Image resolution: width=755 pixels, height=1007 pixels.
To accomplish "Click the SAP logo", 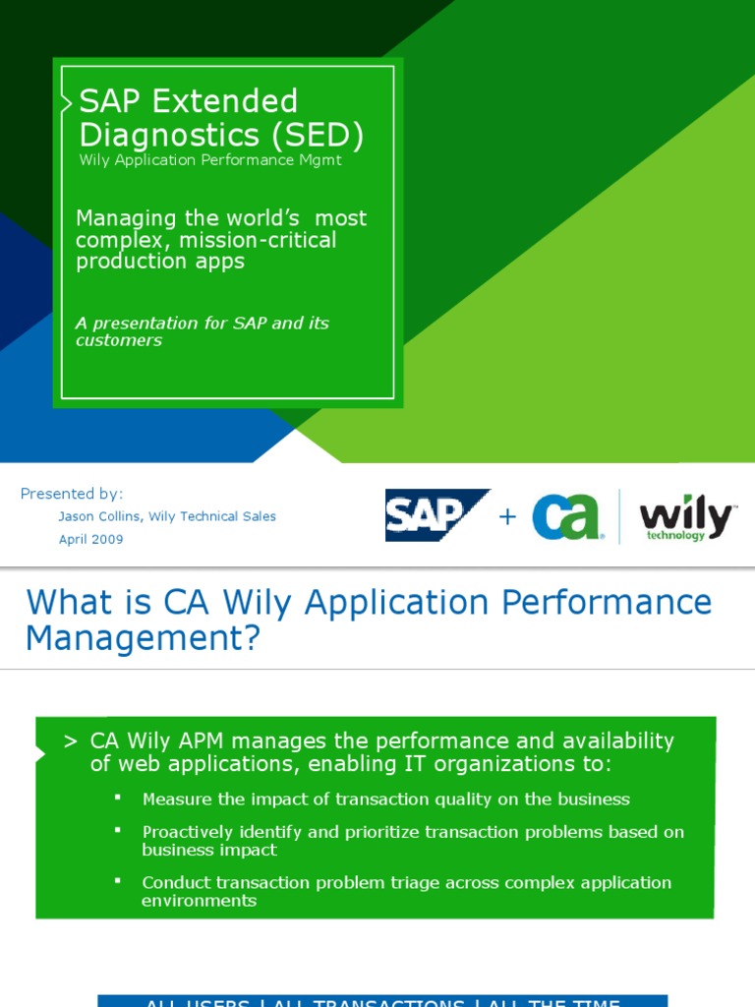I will (x=436, y=515).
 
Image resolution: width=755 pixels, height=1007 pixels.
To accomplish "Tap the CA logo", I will (x=567, y=516).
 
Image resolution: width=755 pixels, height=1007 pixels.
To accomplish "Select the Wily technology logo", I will (x=685, y=518).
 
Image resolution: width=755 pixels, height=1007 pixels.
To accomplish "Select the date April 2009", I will (x=91, y=539).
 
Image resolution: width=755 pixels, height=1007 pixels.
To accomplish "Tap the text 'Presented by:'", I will (x=72, y=494).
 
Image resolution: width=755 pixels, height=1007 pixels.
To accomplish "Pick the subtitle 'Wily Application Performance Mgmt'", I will (x=209, y=160).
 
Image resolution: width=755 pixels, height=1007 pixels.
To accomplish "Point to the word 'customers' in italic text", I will (x=118, y=340).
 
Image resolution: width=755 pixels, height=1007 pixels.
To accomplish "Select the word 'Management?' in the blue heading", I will (x=144, y=639).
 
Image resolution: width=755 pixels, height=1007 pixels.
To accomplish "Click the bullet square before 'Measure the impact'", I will (x=118, y=796).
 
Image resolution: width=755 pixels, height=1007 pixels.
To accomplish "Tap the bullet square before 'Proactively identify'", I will (x=118, y=829).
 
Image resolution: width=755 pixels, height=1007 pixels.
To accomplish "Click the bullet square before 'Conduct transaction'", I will (x=118, y=879).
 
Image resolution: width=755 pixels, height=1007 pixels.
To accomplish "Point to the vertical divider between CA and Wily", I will (x=619, y=516).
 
